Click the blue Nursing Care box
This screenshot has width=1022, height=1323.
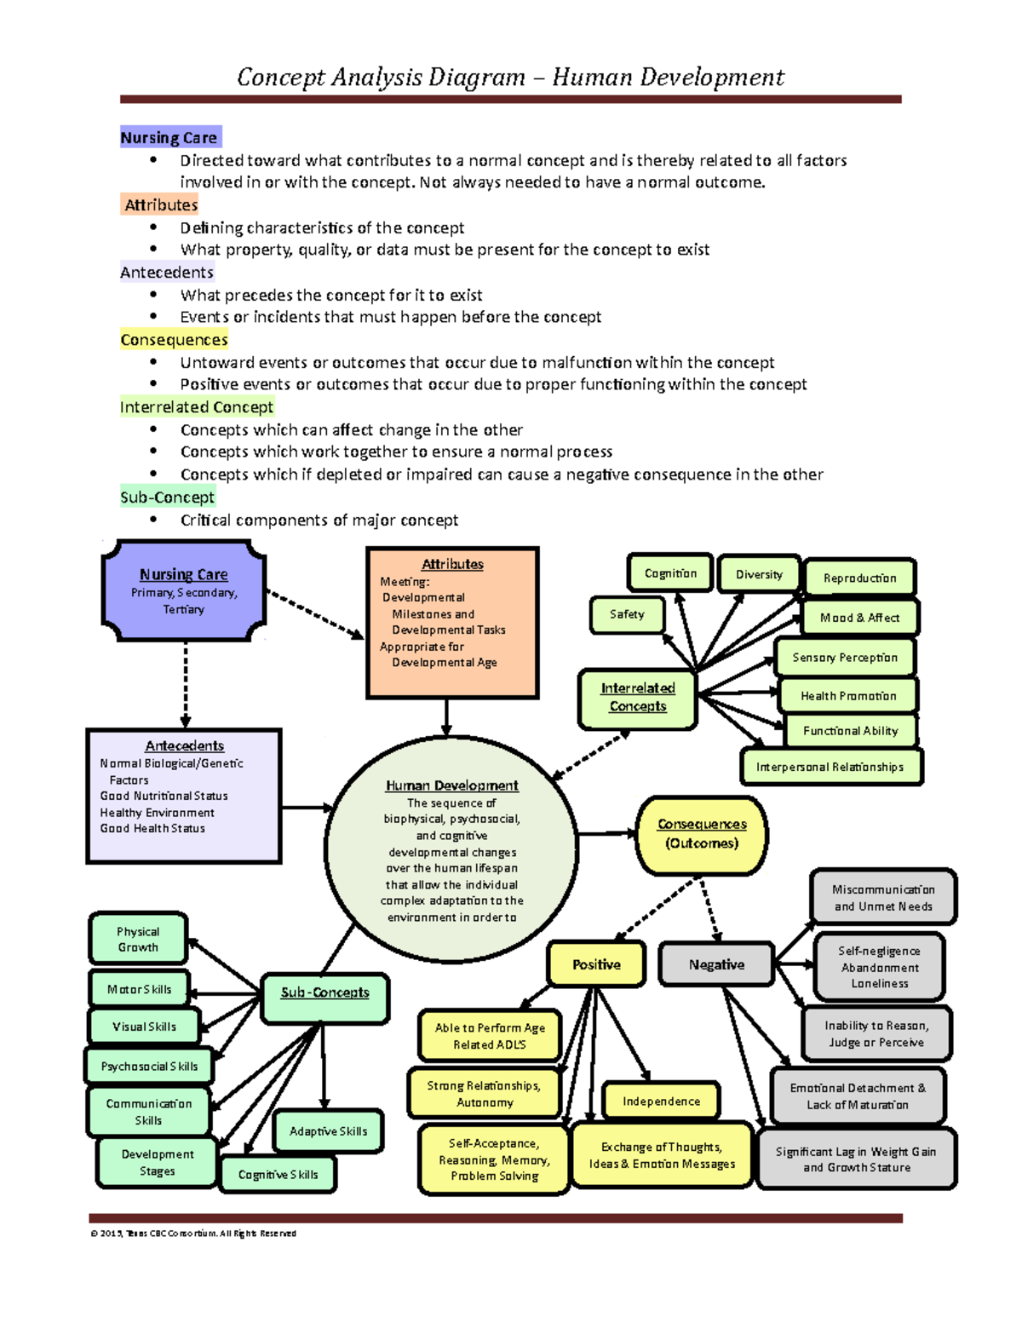click(183, 590)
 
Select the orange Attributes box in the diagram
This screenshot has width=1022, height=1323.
click(452, 622)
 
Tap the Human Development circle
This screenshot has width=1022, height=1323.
click(451, 850)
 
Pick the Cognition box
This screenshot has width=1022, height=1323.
click(670, 573)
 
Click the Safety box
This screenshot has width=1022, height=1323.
click(627, 614)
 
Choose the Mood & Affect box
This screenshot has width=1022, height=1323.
click(859, 618)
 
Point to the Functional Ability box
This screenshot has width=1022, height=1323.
click(850, 731)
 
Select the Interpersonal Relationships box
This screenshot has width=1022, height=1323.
click(830, 767)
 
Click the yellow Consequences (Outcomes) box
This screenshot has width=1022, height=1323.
click(702, 834)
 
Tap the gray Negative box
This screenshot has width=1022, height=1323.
click(716, 964)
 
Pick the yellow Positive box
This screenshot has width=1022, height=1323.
click(596, 964)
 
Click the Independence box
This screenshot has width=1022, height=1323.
click(661, 1101)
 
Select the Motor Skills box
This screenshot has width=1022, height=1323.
click(140, 989)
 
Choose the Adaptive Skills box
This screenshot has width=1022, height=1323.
click(328, 1131)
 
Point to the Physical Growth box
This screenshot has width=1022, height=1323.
click(138, 939)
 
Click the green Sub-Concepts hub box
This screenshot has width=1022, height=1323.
click(324, 993)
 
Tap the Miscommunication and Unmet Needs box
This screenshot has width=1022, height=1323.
click(883, 898)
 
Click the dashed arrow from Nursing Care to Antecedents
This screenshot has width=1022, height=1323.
click(186, 685)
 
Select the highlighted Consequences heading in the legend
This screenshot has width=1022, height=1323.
click(174, 340)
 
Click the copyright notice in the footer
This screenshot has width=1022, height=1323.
click(193, 1234)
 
